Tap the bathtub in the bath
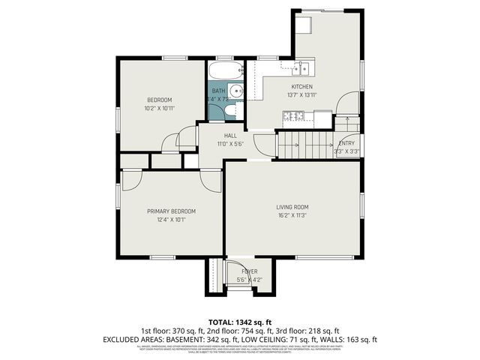point(225,73)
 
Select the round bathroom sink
point(235,92)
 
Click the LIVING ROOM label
point(292,207)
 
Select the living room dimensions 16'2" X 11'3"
point(292,215)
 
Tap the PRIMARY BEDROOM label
point(171,211)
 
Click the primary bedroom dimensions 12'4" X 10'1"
point(171,220)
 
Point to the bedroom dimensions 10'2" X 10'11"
point(159,108)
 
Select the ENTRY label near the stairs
point(346,143)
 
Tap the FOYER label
point(249,271)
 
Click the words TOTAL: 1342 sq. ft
point(240,321)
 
